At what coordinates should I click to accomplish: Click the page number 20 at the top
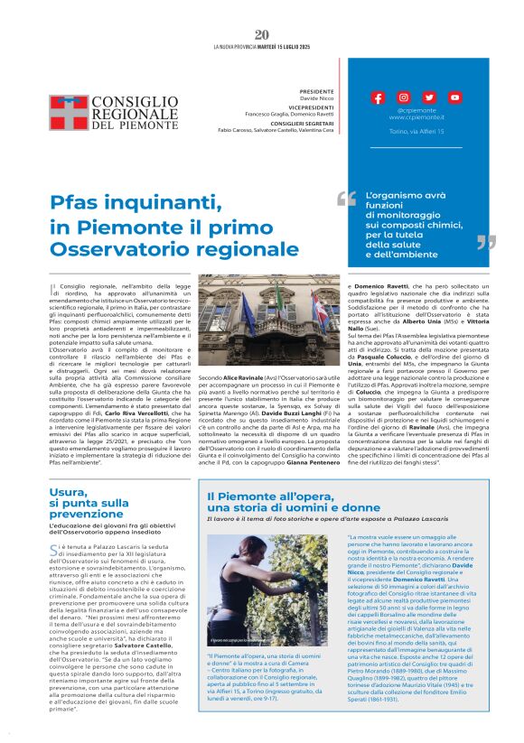click(x=262, y=34)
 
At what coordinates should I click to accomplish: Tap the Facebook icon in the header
click(x=378, y=98)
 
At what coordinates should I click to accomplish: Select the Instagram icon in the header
click(x=403, y=98)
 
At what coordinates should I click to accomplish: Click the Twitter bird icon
click(x=428, y=98)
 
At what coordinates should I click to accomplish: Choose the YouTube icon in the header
click(x=454, y=98)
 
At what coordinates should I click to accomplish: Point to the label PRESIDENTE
click(x=315, y=91)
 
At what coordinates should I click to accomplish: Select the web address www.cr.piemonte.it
click(x=416, y=117)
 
